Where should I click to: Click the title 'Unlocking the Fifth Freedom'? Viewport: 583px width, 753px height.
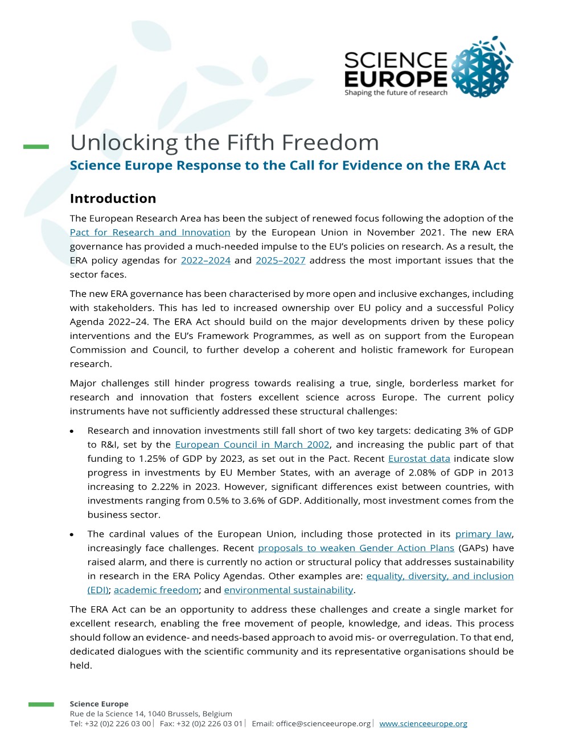pyautogui.click(x=224, y=143)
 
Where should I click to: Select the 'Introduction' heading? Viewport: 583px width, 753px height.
pyautogui.click(x=113, y=198)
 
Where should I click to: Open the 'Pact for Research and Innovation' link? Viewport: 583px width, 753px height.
pyautogui.click(x=150, y=233)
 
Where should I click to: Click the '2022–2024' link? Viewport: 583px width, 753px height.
pyautogui.click(x=206, y=260)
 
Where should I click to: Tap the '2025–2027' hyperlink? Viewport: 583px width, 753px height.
pyautogui.click(x=280, y=260)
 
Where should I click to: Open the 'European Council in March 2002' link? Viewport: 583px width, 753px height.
pyautogui.click(x=252, y=445)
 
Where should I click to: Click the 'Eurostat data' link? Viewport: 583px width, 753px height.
pyautogui.click(x=418, y=459)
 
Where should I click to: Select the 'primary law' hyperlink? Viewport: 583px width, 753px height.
pyautogui.click(x=483, y=534)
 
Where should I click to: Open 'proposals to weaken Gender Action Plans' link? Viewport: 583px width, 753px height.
pyautogui.click(x=356, y=548)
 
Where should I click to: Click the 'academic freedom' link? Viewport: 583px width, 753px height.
pyautogui.click(x=156, y=590)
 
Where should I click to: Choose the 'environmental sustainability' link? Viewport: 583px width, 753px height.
pyautogui.click(x=288, y=590)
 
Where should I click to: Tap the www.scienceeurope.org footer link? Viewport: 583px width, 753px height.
pyautogui.click(x=423, y=724)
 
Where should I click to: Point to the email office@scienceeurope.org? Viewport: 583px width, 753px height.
pyautogui.click(x=323, y=724)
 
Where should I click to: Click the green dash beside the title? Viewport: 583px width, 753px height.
pyautogui.click(x=36, y=147)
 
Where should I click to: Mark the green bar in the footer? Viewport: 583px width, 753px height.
pyautogui.click(x=41, y=705)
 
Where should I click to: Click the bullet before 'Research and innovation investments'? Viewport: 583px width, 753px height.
pyautogui.click(x=72, y=432)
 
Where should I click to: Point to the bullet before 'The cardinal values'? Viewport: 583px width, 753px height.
pyautogui.click(x=72, y=535)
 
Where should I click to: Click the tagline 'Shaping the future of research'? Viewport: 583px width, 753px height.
pyautogui.click(x=396, y=93)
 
